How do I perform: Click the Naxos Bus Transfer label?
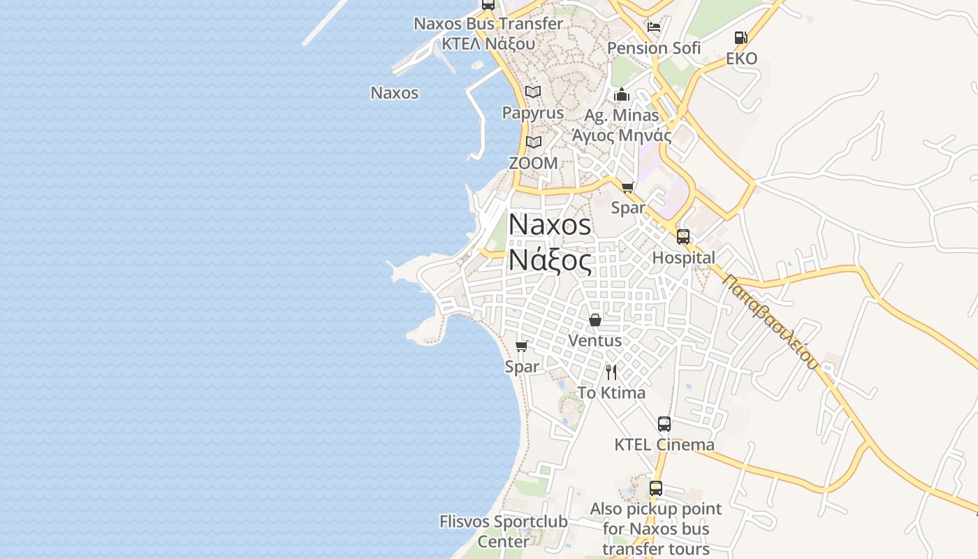488,24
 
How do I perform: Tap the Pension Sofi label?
654,48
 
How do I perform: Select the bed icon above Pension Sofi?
654,27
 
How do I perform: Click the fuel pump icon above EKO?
740,38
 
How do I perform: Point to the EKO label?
741,59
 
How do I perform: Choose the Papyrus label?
533,113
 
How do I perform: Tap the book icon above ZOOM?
534,143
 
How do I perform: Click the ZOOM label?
533,164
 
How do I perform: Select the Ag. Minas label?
622,115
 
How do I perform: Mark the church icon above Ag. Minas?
622,94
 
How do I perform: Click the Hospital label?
683,258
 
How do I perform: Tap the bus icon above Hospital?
683,237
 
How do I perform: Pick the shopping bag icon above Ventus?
595,320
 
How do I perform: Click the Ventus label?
595,341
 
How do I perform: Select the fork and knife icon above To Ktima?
611,372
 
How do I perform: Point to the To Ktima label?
611,393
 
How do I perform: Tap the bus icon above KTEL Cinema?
664,423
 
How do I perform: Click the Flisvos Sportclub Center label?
504,531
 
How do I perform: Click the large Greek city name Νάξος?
550,260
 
